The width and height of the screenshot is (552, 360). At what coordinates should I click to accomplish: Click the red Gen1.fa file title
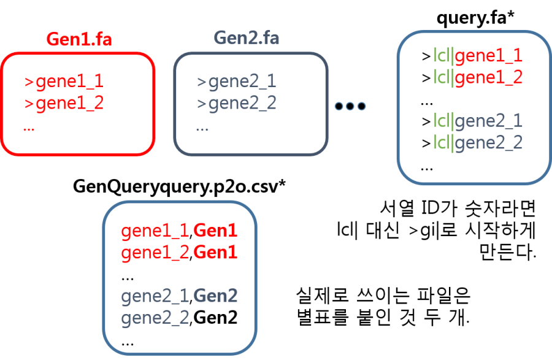tap(79, 39)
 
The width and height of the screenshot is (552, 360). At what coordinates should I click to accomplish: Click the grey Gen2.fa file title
tap(247, 37)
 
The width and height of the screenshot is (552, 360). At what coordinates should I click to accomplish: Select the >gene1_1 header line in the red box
tap(64, 82)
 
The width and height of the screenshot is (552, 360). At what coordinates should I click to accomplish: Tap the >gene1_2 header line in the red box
tap(64, 104)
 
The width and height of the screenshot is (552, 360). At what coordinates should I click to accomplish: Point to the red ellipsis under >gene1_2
tap(29, 128)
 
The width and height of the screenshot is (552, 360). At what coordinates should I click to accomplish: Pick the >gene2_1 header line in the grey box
tap(237, 82)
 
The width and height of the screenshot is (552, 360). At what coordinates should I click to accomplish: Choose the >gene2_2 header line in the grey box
tap(237, 104)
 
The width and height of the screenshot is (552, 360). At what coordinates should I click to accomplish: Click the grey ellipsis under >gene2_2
tap(202, 128)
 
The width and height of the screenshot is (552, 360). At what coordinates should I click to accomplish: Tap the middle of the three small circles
tap(350, 106)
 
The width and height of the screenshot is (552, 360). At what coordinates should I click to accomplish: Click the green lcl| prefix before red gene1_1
tap(443, 56)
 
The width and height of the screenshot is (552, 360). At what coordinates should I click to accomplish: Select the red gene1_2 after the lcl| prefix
tap(489, 78)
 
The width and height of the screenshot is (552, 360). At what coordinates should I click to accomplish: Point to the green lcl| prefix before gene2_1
tap(443, 121)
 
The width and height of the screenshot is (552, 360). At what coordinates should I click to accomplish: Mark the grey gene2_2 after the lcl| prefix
tap(489, 143)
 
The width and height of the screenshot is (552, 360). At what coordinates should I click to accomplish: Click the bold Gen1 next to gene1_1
tap(215, 231)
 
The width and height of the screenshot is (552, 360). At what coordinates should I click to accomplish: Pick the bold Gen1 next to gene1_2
tap(215, 253)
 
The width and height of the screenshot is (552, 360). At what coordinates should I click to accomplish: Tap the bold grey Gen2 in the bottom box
tap(215, 297)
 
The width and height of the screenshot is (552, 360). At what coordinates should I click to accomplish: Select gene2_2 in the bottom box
tap(155, 318)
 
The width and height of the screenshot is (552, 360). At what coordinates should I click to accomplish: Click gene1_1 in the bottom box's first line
tap(155, 231)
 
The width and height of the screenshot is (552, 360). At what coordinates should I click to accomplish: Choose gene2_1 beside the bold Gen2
tap(155, 297)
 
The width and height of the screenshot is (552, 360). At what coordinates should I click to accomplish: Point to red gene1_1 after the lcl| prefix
tap(489, 56)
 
